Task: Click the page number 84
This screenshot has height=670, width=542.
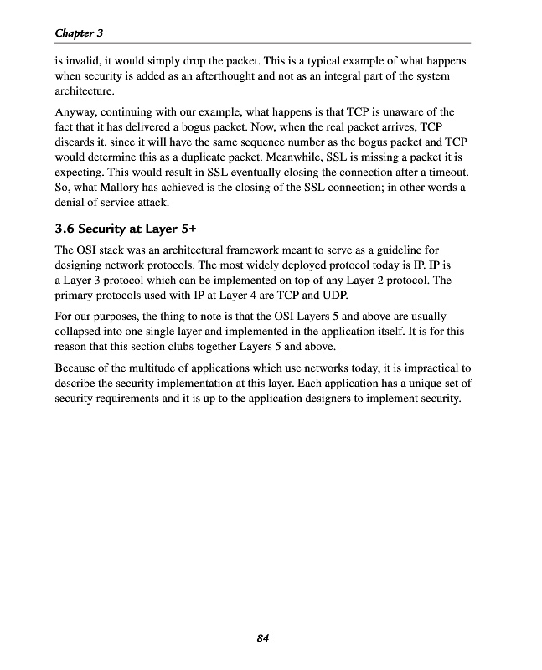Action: pos(262,639)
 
